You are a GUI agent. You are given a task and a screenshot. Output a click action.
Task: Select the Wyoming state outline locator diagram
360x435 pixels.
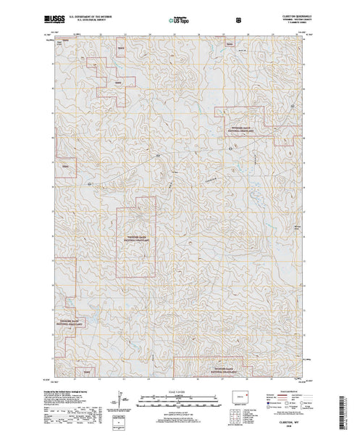(x=245, y=397)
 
